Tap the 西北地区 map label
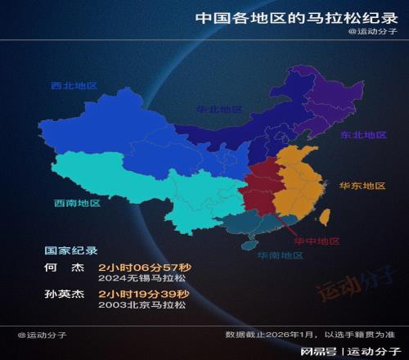pyautogui.click(x=73, y=85)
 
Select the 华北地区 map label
pyautogui.click(x=219, y=109)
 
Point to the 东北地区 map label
pyautogui.click(x=364, y=135)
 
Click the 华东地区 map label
pyautogui.click(x=362, y=186)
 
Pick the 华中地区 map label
pyautogui.click(x=317, y=241)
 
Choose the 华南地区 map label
pyautogui.click(x=281, y=255)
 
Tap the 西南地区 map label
pyautogui.click(x=77, y=203)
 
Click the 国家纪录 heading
pyautogui.click(x=70, y=251)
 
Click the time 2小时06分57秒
pyautogui.click(x=144, y=268)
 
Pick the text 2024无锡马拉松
pyautogui.click(x=142, y=279)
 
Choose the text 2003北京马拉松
pyautogui.click(x=142, y=305)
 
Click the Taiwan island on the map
pyautogui.click(x=324, y=218)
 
